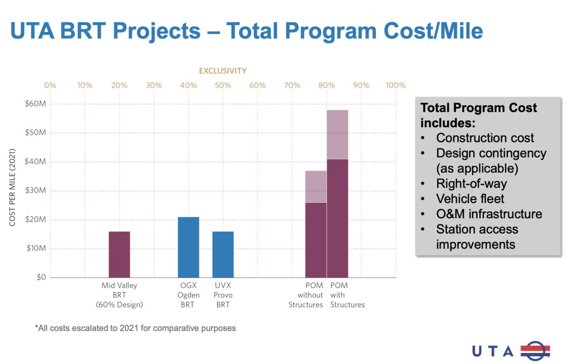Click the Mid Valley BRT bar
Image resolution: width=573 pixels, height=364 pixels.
pos(119,254)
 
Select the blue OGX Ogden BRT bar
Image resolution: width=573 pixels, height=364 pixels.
pos(189,247)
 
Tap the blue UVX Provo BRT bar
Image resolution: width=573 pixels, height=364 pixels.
pos(223,254)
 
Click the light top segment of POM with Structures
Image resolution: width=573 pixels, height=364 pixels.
pos(337,134)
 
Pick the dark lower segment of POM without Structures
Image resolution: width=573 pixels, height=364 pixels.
pos(316,240)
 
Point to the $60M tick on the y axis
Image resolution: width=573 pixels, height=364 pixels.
pos(35,104)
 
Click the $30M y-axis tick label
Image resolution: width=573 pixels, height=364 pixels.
pos(35,191)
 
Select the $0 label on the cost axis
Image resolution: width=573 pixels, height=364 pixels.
pos(41,277)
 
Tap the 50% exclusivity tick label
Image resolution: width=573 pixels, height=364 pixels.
pos(223,85)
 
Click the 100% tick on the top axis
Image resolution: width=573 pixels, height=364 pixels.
pos(396,85)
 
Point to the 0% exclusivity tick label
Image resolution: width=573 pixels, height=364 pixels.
pos(50,85)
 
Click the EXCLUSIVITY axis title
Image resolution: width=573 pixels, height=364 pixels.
pos(223,71)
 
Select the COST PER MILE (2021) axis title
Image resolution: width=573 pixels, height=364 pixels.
pos(13,188)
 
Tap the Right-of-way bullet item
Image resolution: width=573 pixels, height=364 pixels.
pos(471,184)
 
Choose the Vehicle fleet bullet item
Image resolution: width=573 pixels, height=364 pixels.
pos(470,199)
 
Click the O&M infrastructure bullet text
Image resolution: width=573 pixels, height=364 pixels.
pos(489,214)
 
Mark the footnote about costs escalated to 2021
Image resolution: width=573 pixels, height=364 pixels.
pos(135,328)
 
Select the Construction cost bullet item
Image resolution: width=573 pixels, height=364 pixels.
pos(485,138)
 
